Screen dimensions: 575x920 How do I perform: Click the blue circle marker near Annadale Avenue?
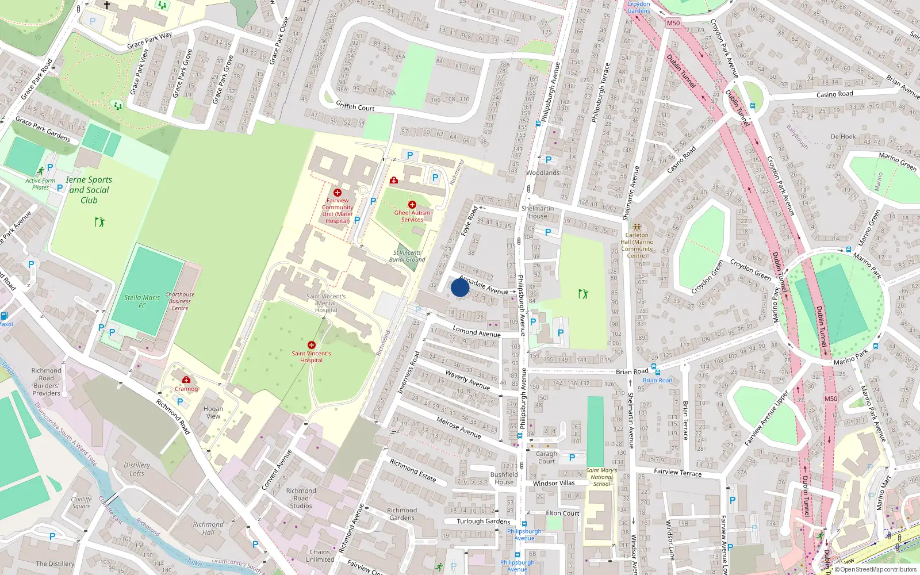click(x=459, y=287)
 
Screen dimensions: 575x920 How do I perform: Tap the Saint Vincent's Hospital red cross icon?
click(x=312, y=345)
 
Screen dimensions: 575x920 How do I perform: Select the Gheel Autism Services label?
click(x=412, y=216)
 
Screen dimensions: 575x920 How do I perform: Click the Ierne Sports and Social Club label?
click(x=89, y=190)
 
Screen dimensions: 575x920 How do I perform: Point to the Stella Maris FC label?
click(x=142, y=301)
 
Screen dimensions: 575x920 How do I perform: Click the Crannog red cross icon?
click(x=186, y=380)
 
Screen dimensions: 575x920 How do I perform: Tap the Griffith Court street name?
click(x=355, y=106)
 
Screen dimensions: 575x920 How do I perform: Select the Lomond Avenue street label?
click(x=476, y=331)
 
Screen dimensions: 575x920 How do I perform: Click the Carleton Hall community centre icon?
click(x=637, y=227)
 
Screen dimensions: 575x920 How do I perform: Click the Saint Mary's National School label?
click(x=601, y=477)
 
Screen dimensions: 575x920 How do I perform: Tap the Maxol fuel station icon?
click(x=5, y=316)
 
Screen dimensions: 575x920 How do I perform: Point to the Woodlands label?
click(x=542, y=172)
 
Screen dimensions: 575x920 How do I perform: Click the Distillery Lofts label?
click(x=137, y=469)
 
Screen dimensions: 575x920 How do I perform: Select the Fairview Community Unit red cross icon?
click(x=338, y=193)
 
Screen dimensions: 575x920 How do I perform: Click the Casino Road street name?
click(x=834, y=94)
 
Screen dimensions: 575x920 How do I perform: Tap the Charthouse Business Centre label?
click(x=179, y=301)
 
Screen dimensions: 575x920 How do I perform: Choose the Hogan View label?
click(x=213, y=412)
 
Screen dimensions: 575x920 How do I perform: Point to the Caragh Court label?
click(x=546, y=457)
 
